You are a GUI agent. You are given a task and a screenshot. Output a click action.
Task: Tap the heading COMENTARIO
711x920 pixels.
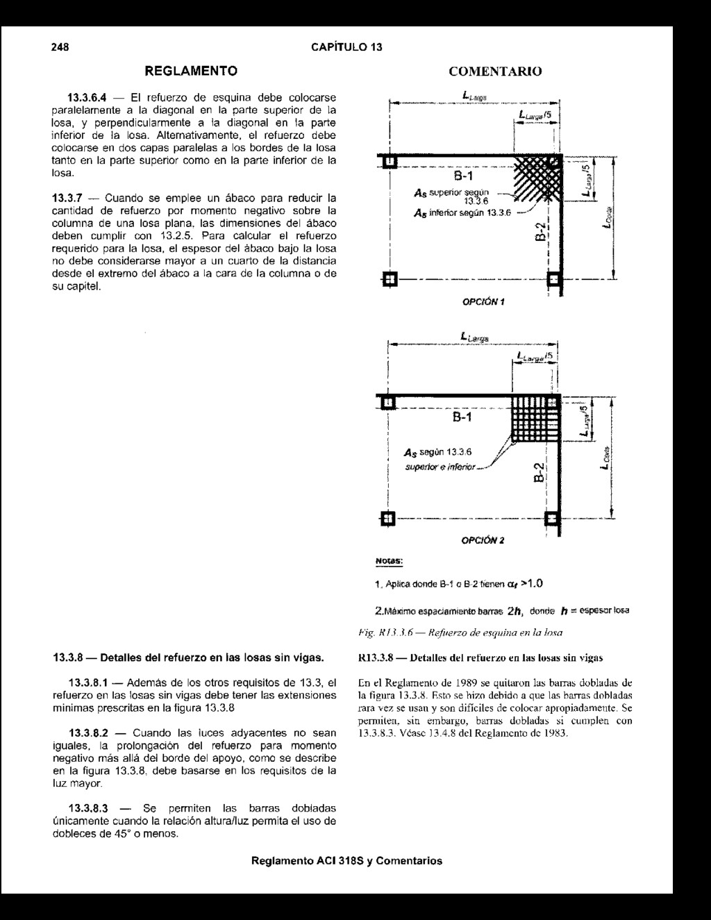tap(495, 72)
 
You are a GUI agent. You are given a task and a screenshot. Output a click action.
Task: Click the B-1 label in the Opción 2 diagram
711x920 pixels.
tap(462, 417)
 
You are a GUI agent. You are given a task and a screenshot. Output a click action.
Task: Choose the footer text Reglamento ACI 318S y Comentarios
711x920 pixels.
tap(346, 861)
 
